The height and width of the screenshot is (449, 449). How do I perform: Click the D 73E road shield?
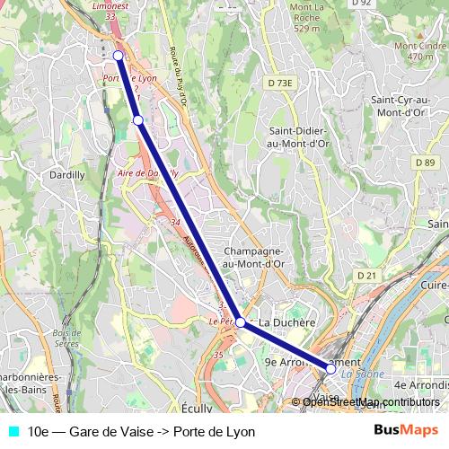coord(280,84)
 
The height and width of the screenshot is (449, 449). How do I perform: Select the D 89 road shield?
coord(425,162)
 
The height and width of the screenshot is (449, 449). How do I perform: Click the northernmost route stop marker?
coord(118,56)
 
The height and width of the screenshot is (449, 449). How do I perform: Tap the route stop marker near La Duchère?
coord(240,321)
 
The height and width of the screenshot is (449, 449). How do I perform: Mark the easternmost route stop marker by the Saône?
coord(330,368)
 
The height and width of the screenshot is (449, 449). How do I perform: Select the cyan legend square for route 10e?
coord(12,432)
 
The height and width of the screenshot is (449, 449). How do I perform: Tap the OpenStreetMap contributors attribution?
coord(371,402)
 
